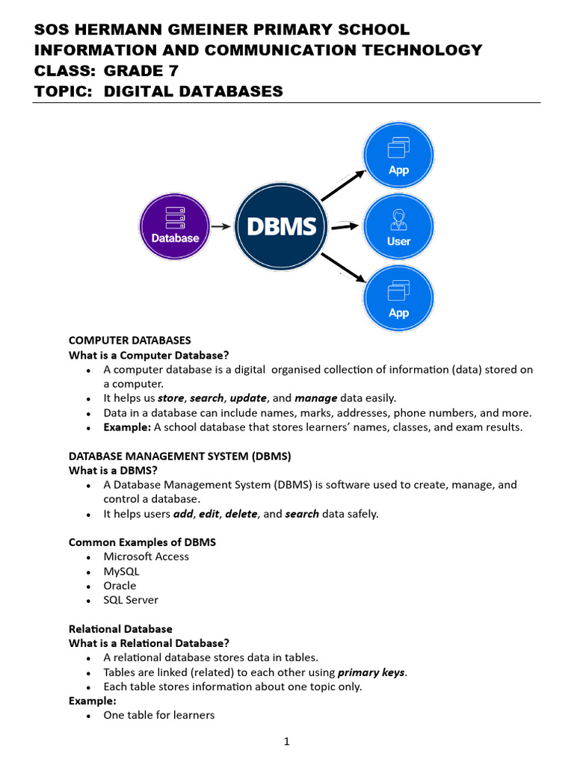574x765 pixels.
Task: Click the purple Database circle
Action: pos(176,227)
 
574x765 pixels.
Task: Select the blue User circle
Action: pos(398,228)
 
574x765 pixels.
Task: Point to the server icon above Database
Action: pos(176,217)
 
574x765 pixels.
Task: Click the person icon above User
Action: pos(398,220)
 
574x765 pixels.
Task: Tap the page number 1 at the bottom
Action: pos(287,742)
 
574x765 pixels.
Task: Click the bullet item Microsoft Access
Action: pos(146,557)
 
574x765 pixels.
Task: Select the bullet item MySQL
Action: pos(121,572)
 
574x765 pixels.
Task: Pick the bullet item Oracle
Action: pos(120,586)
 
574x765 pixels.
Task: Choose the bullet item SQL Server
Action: pos(131,600)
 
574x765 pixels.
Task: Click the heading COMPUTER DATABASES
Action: pos(130,341)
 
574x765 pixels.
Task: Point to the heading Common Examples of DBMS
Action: pos(142,542)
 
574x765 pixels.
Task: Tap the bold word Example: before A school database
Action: pos(128,427)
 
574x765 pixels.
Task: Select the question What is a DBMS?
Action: pos(113,470)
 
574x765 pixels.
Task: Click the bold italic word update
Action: pos(248,398)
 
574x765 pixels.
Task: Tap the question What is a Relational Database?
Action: pos(149,643)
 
